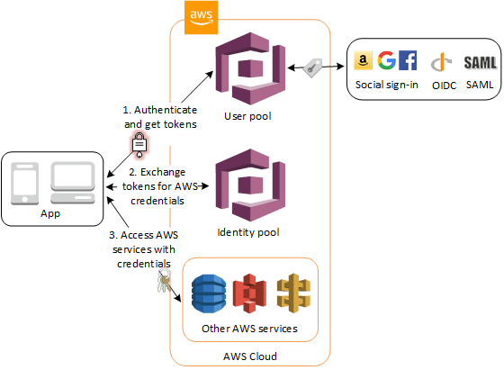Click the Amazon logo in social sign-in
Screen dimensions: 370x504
pyautogui.click(x=364, y=61)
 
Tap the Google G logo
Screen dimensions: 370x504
pyautogui.click(x=386, y=61)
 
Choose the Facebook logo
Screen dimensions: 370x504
pyautogui.click(x=407, y=61)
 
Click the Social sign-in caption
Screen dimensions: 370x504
pyautogui.click(x=385, y=84)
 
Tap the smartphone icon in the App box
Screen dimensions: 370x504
pyautogui.click(x=27, y=185)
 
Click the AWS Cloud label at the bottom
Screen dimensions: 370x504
pyautogui.click(x=249, y=356)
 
